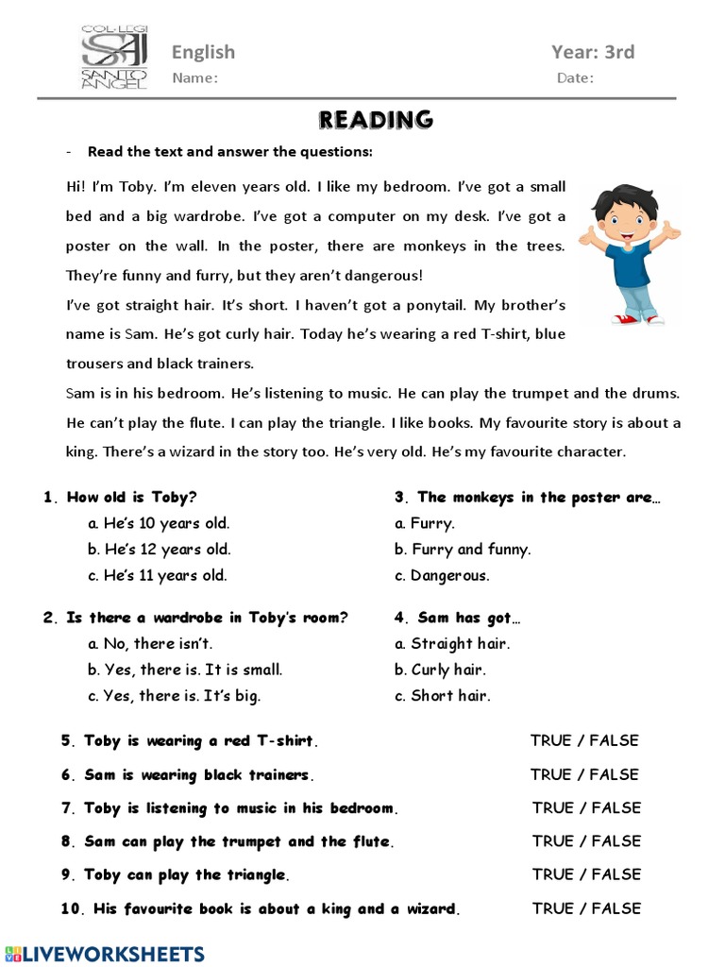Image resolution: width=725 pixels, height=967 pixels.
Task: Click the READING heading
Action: coord(376,120)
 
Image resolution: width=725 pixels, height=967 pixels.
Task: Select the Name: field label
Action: coord(194,78)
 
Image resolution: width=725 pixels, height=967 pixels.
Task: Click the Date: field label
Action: coord(575,78)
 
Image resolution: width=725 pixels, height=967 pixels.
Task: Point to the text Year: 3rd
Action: coord(593,52)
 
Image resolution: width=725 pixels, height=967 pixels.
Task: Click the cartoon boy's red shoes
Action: coord(639,319)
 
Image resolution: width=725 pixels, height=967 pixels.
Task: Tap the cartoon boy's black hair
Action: coord(623,200)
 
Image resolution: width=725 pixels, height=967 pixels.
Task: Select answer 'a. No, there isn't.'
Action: coord(150,644)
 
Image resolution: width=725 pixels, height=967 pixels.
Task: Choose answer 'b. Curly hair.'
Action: coord(440,670)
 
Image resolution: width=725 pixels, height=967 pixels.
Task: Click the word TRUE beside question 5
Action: coord(551,741)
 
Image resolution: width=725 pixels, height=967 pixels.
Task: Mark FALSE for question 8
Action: coord(616,841)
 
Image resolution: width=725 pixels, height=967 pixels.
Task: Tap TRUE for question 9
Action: coord(553,874)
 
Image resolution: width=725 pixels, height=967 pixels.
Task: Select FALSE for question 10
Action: coord(616,908)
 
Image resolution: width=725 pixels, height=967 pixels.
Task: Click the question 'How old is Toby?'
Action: coord(131,498)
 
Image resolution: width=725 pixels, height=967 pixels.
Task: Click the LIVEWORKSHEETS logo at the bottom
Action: coord(103,953)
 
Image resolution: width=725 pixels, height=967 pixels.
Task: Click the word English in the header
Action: coord(203,52)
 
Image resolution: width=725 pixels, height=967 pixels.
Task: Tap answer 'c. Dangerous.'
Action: coord(443,575)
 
